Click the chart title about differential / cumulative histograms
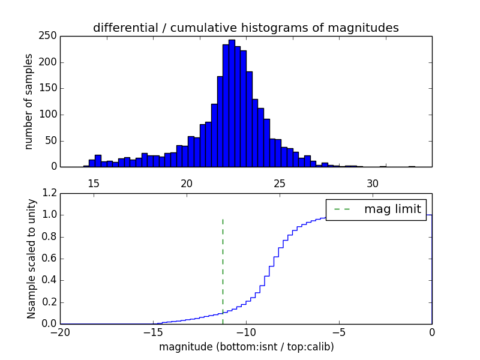click(245, 28)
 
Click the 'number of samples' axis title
click(28, 101)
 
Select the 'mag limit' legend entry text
click(392, 209)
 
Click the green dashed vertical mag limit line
click(223, 264)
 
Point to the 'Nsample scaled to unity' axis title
click(31, 259)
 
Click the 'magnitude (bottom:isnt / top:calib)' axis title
click(246, 347)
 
